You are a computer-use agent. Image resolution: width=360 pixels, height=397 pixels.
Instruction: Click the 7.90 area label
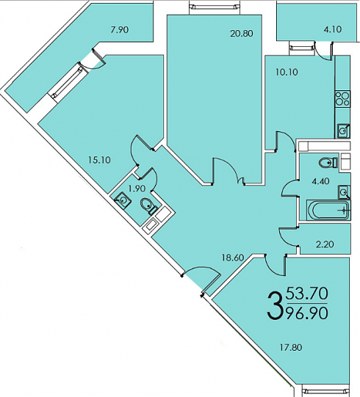pos(120,30)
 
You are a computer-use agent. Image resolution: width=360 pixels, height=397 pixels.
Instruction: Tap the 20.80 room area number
pos(242,34)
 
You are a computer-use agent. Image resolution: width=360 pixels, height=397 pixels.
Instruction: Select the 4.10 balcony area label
pos(333,29)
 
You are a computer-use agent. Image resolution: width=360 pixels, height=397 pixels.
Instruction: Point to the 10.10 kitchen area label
pos(287,73)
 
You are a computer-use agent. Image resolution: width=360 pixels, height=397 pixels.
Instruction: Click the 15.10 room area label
pos(99,160)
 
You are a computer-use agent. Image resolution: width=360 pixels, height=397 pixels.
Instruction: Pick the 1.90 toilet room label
pos(137,189)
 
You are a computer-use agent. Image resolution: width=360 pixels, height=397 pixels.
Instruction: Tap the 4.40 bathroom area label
pos(320,181)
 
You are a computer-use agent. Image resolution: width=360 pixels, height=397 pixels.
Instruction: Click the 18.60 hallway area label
pos(233,258)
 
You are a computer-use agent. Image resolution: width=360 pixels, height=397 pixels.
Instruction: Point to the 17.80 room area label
pos(291,348)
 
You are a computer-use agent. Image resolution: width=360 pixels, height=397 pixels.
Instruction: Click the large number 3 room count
pos(275,305)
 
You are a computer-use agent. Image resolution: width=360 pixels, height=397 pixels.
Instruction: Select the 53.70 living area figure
pos(307,294)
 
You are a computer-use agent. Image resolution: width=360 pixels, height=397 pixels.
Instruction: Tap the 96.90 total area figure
pos(307,313)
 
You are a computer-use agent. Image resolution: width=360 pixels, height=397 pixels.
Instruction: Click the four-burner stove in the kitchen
pos(342,98)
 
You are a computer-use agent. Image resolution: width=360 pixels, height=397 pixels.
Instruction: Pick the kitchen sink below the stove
pos(343,131)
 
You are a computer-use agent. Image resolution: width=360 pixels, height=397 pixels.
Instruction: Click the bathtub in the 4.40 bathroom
pos(328,210)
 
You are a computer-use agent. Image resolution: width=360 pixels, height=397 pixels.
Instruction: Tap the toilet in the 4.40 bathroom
pos(328,163)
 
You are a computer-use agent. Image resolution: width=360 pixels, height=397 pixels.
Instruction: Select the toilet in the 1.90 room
pos(148,206)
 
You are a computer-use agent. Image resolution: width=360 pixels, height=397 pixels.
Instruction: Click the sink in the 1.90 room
pos(123,200)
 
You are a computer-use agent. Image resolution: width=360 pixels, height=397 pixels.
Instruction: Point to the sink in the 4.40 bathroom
pos(344,192)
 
